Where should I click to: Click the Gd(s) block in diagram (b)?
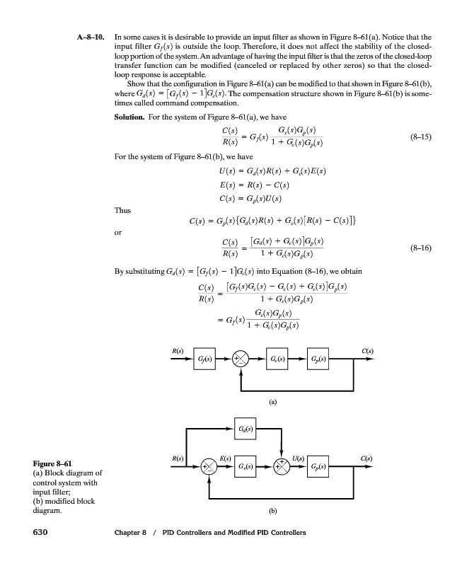[x=243, y=429]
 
